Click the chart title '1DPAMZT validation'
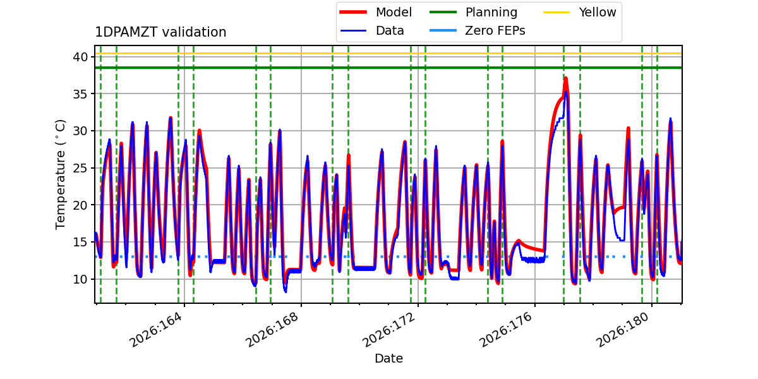[x=160, y=32]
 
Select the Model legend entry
[x=376, y=12]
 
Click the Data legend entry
[x=372, y=31]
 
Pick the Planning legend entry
[x=473, y=12]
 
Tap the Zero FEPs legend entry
[x=477, y=31]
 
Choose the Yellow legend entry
[x=580, y=12]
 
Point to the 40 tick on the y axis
[x=80, y=57]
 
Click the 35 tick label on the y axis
[x=80, y=93]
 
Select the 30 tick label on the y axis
[x=80, y=131]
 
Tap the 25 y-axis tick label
[x=80, y=168]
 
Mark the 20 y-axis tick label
[x=80, y=205]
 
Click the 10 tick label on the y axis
[x=80, y=279]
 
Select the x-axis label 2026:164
[x=155, y=330]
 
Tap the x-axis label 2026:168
[x=272, y=330]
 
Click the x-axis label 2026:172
[x=389, y=330]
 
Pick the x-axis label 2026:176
[x=506, y=330]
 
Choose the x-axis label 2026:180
[x=623, y=330]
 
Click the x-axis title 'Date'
[x=389, y=358]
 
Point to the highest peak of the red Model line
[x=565, y=78]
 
